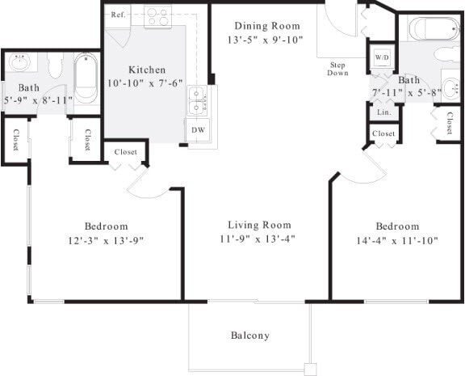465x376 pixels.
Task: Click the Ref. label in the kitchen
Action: (x=118, y=15)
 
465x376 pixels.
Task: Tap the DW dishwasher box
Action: (x=198, y=129)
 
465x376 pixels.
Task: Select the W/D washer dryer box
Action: (x=381, y=58)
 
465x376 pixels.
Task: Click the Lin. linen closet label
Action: (x=383, y=112)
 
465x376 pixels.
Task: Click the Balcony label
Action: (x=249, y=336)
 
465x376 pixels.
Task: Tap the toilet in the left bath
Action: (x=55, y=65)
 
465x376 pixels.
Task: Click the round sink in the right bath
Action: (x=449, y=88)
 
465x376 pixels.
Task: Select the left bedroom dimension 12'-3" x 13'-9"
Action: (x=106, y=240)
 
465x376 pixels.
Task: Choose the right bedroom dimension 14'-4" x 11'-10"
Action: (x=396, y=240)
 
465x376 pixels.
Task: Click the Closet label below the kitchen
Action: (x=124, y=151)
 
